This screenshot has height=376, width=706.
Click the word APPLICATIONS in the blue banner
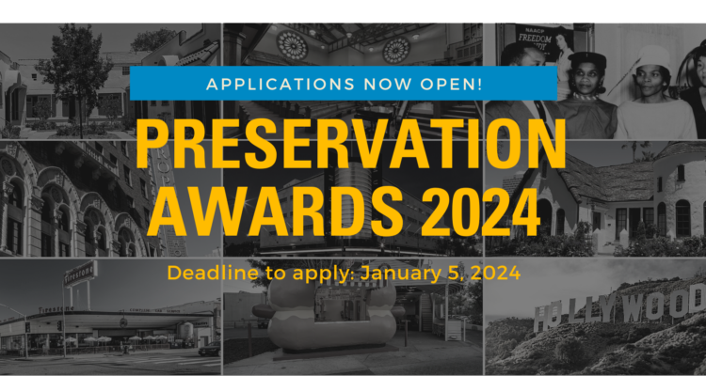(281, 84)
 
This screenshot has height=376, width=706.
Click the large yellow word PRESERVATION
(350, 143)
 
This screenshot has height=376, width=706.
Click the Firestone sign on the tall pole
(80, 274)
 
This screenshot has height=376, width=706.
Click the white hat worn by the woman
(654, 57)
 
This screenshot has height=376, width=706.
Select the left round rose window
(292, 45)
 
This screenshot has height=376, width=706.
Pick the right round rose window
(396, 50)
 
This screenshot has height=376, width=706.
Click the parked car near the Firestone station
(209, 349)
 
